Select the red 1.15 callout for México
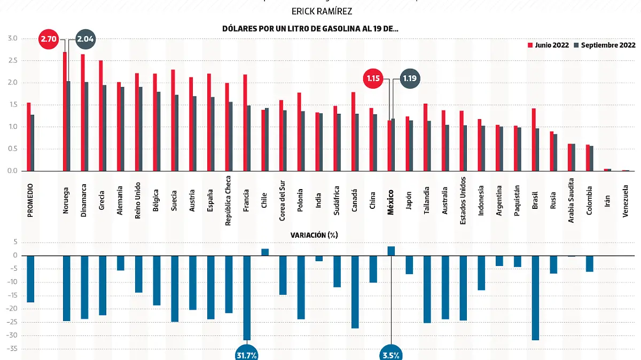click(x=373, y=79)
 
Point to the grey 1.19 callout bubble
click(x=410, y=79)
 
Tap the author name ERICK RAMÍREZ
click(x=322, y=11)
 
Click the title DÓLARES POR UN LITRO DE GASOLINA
click(x=310, y=29)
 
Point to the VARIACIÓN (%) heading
click(x=314, y=234)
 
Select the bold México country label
click(x=390, y=202)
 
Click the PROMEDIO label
click(x=30, y=200)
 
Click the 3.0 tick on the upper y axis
click(x=12, y=38)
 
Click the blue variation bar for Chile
click(x=265, y=252)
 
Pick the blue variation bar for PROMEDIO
click(x=30, y=279)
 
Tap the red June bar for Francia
click(x=245, y=122)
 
